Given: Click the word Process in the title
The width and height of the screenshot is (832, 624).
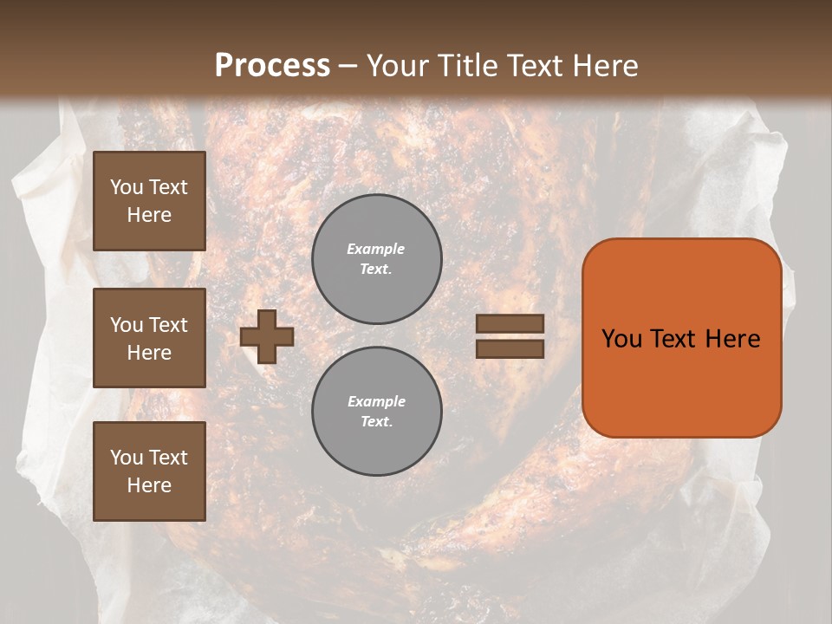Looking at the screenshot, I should (272, 66).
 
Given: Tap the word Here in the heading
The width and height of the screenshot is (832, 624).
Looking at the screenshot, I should (603, 66).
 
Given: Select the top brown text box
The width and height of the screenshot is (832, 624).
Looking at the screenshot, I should (149, 201).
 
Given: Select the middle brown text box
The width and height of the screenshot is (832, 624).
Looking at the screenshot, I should (149, 338).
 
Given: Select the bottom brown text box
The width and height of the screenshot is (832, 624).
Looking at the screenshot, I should (149, 471).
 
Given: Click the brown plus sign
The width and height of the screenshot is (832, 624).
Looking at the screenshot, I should (267, 336).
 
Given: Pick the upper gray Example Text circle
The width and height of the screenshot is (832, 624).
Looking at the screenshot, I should (377, 258).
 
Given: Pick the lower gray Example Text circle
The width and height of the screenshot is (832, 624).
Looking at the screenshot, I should (377, 411).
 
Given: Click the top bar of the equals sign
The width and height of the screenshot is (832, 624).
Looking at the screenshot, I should (510, 323).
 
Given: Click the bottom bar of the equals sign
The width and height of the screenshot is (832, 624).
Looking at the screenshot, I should (510, 348).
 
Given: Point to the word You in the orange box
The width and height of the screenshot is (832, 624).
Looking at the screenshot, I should (621, 339).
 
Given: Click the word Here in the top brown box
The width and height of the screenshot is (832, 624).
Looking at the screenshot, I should (149, 215).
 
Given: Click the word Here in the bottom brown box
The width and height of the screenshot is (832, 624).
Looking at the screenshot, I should (149, 485).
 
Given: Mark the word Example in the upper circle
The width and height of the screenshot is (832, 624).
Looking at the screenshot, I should (376, 249).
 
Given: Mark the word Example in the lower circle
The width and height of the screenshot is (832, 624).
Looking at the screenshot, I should (376, 401).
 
